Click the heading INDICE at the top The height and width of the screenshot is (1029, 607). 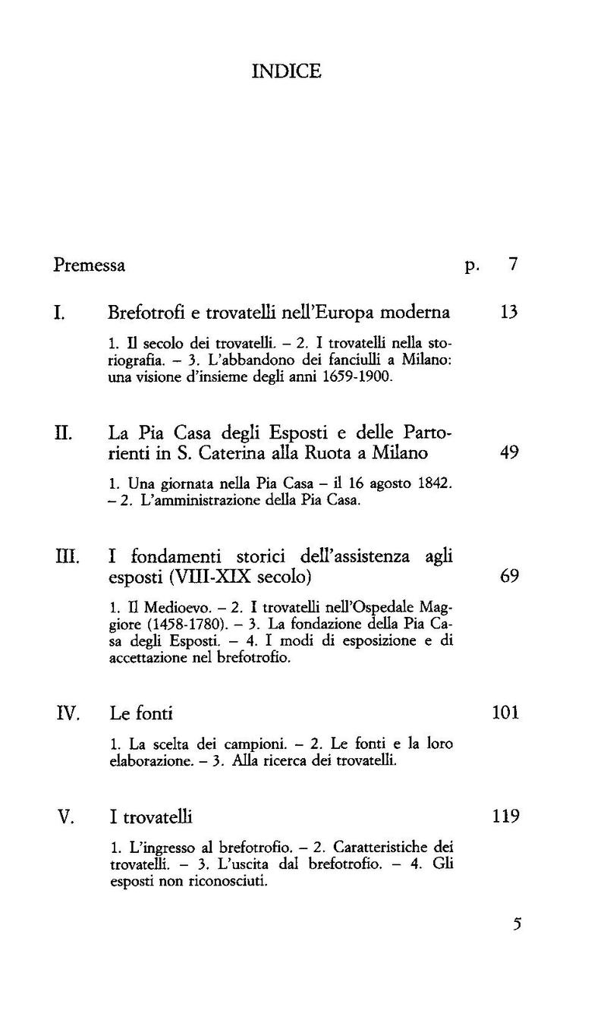[286, 71]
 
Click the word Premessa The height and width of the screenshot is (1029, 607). [90, 266]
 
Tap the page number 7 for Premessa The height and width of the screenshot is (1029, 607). [513, 265]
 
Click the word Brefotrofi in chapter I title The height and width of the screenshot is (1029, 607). [143, 312]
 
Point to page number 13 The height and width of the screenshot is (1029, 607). [509, 312]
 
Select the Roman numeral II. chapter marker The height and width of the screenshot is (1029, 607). [63, 434]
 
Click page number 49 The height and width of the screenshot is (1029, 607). [509, 454]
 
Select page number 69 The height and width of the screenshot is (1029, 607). [509, 577]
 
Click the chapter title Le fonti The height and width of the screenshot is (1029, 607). [142, 713]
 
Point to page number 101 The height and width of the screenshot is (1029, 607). [505, 713]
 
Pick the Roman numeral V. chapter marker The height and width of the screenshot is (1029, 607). [65, 817]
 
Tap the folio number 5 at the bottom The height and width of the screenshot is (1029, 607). [517, 924]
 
